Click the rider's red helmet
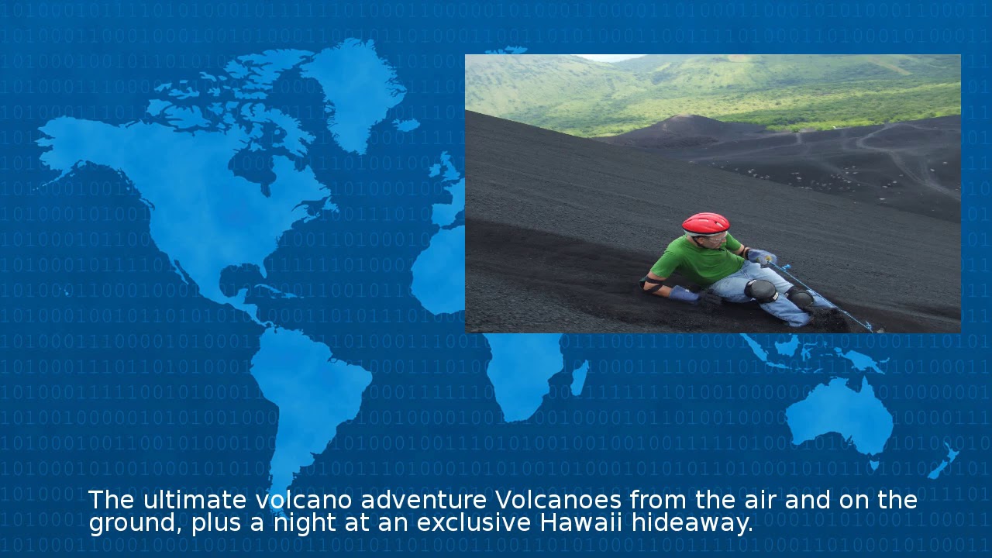pos(705,223)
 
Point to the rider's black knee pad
pos(761,291)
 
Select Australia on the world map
pos(841,415)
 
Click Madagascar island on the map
pos(578,379)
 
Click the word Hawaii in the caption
pos(581,522)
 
